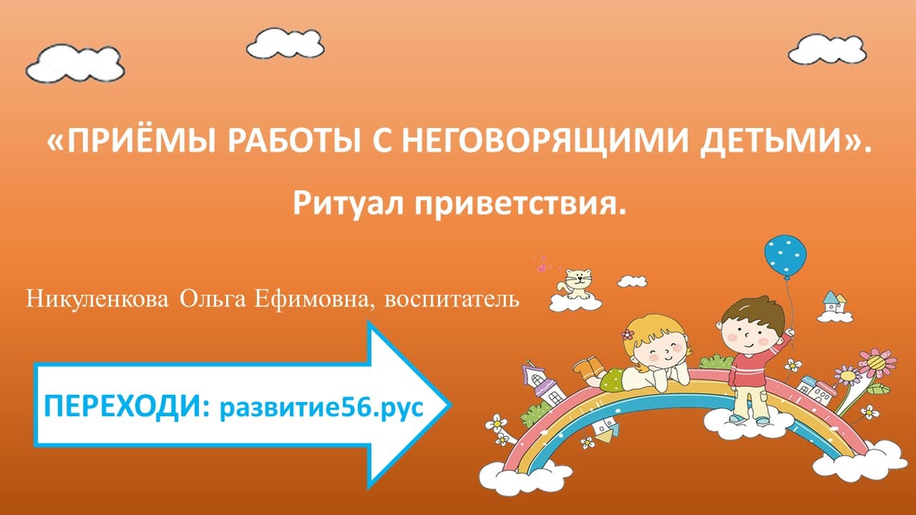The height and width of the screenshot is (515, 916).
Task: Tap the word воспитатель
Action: pos(452,298)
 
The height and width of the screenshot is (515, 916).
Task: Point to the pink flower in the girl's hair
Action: pos(628,334)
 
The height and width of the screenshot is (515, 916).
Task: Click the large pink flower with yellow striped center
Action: pos(877,362)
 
